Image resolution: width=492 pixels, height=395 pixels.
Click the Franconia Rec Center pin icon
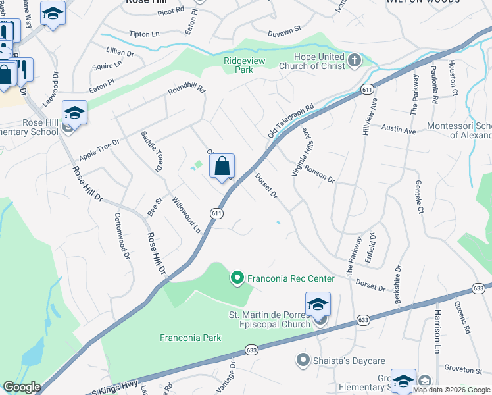tap(237, 278)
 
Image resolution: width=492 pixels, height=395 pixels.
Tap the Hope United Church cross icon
tap(355, 61)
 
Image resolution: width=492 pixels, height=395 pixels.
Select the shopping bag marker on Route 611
tap(222, 167)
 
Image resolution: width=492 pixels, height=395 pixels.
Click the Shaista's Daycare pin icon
tap(303, 359)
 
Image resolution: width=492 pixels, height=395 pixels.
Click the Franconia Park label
tap(191, 338)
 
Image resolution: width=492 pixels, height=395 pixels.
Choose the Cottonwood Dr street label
tap(122, 235)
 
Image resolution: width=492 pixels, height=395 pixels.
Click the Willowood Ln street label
tap(186, 215)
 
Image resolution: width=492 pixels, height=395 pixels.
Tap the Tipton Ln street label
tap(145, 34)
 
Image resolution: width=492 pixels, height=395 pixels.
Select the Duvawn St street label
tap(283, 30)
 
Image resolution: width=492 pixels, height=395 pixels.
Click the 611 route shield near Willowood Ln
tap(216, 213)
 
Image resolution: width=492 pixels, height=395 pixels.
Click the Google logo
tap(22, 387)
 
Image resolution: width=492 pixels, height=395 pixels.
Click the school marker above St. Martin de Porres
tap(318, 305)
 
